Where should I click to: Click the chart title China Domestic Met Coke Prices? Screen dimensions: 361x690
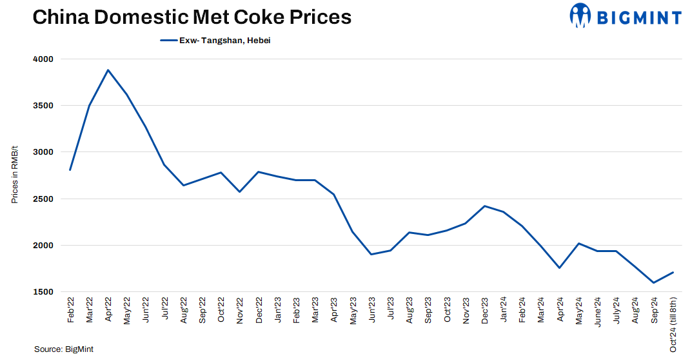click(192, 17)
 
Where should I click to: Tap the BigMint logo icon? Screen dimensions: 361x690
click(580, 15)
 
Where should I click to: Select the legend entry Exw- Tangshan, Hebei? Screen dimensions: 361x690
click(219, 41)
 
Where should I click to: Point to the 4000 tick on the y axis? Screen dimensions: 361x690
click(43, 59)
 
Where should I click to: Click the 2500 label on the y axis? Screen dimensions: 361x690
click(43, 199)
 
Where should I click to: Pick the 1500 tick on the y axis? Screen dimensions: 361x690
click(43, 292)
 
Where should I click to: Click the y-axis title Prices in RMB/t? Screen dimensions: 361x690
click(15, 175)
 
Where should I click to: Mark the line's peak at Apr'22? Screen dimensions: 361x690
click(108, 70)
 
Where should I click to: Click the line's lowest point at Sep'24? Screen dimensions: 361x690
click(654, 282)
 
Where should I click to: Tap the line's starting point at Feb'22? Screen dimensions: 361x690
click(70, 170)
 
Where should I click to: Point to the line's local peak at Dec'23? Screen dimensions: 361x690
click(484, 206)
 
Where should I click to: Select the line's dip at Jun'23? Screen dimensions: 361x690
click(371, 254)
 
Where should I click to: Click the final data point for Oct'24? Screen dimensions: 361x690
click(673, 272)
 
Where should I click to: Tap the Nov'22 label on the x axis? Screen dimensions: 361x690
click(240, 311)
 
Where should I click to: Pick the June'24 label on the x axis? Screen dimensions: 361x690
click(597, 313)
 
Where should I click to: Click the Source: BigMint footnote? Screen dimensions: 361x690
click(64, 349)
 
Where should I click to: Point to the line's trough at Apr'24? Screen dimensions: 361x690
click(560, 268)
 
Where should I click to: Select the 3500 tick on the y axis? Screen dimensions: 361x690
click(43, 106)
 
